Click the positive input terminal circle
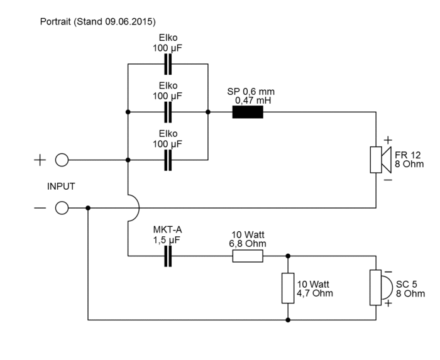(x=62, y=160)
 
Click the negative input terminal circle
(x=62, y=208)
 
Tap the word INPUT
(x=61, y=187)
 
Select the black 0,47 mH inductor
(x=248, y=112)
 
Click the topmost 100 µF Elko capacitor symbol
(x=168, y=64)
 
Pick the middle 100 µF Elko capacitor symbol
(x=168, y=112)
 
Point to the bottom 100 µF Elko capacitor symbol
(x=168, y=160)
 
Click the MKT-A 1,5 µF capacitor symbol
(x=168, y=256)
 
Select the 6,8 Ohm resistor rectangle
(x=248, y=256)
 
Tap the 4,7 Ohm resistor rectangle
(x=288, y=288)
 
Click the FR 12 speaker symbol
(x=380, y=160)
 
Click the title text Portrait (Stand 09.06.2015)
(x=97, y=21)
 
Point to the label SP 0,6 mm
(x=251, y=91)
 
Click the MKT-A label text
(x=168, y=229)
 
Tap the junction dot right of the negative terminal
(x=88, y=208)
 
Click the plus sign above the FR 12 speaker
(x=388, y=140)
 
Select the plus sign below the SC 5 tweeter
(x=388, y=303)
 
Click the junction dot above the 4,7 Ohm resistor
(x=288, y=256)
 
